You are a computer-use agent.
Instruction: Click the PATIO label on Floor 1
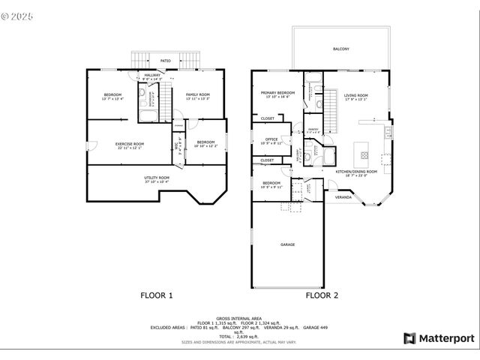pos(165,60)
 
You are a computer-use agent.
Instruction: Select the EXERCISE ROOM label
pos(129,145)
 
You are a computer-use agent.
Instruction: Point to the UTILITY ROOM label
pos(157,178)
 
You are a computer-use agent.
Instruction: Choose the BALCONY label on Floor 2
pos(340,49)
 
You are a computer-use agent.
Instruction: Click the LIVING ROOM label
pos(355,96)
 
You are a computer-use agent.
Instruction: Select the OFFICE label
pos(271,139)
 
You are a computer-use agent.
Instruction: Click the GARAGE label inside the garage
pos(287,244)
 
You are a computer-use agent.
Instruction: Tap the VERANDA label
pos(342,197)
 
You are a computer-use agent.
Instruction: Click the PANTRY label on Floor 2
pos(313,129)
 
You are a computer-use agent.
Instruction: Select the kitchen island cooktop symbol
pos(364,155)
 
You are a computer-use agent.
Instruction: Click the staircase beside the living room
pos(331,115)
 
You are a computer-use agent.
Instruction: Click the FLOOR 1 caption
pos(157,295)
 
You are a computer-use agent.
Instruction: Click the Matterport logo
pos(439,338)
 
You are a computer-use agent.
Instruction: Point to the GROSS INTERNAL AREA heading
pos(239,318)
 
